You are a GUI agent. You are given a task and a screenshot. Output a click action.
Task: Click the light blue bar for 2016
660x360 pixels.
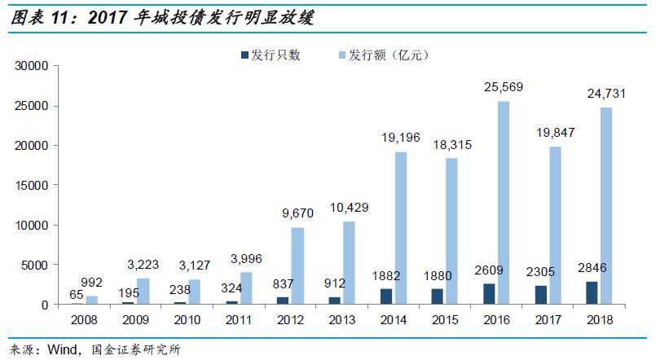point(504,203)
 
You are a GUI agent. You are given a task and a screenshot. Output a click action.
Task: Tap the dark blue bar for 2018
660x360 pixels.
point(592,293)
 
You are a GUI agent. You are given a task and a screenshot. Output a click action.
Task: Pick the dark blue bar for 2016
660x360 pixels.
point(489,294)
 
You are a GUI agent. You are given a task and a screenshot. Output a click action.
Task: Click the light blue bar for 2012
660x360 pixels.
point(297,266)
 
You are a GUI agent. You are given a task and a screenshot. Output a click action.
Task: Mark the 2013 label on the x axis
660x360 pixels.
point(342,318)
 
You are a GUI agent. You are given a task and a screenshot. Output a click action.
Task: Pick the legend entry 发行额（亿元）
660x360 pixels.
point(388,55)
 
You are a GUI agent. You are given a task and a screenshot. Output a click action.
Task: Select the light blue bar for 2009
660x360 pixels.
point(143,292)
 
